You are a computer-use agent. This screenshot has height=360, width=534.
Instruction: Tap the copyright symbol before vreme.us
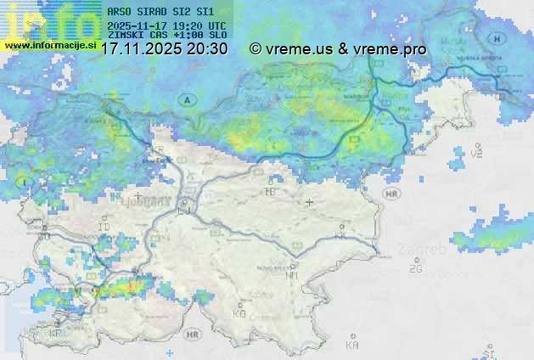[x=256, y=49]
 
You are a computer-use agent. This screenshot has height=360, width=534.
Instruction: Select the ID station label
[x=104, y=228]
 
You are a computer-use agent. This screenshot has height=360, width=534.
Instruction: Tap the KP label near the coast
[x=57, y=333]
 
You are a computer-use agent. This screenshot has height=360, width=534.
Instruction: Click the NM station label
[x=292, y=275]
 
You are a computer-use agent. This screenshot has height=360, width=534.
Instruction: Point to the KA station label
[x=351, y=345]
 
